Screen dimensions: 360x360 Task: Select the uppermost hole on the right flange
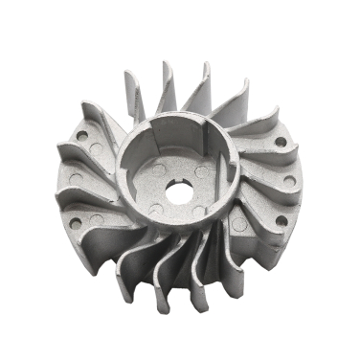pos(280,141)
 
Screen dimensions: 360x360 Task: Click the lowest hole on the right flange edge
pos(280,221)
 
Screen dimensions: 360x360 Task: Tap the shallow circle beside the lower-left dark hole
pos(97,219)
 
